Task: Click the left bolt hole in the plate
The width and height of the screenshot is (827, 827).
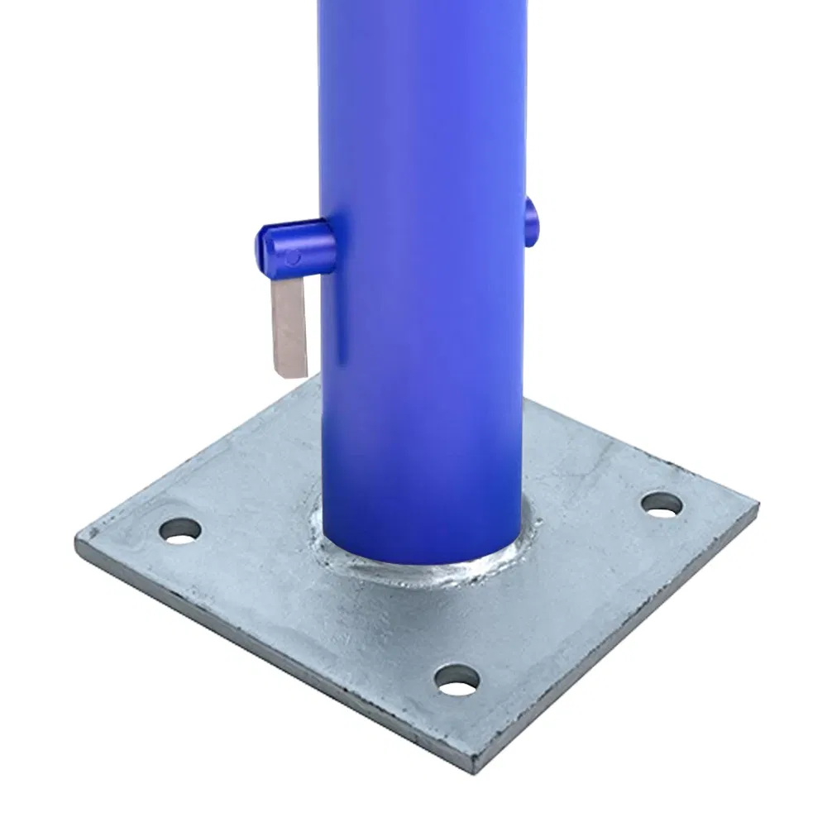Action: [x=181, y=530]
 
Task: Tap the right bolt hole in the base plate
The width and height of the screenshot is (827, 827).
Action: [x=662, y=504]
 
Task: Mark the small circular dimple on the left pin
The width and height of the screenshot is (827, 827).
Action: [x=293, y=257]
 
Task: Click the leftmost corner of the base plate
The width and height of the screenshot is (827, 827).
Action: [x=78, y=543]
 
